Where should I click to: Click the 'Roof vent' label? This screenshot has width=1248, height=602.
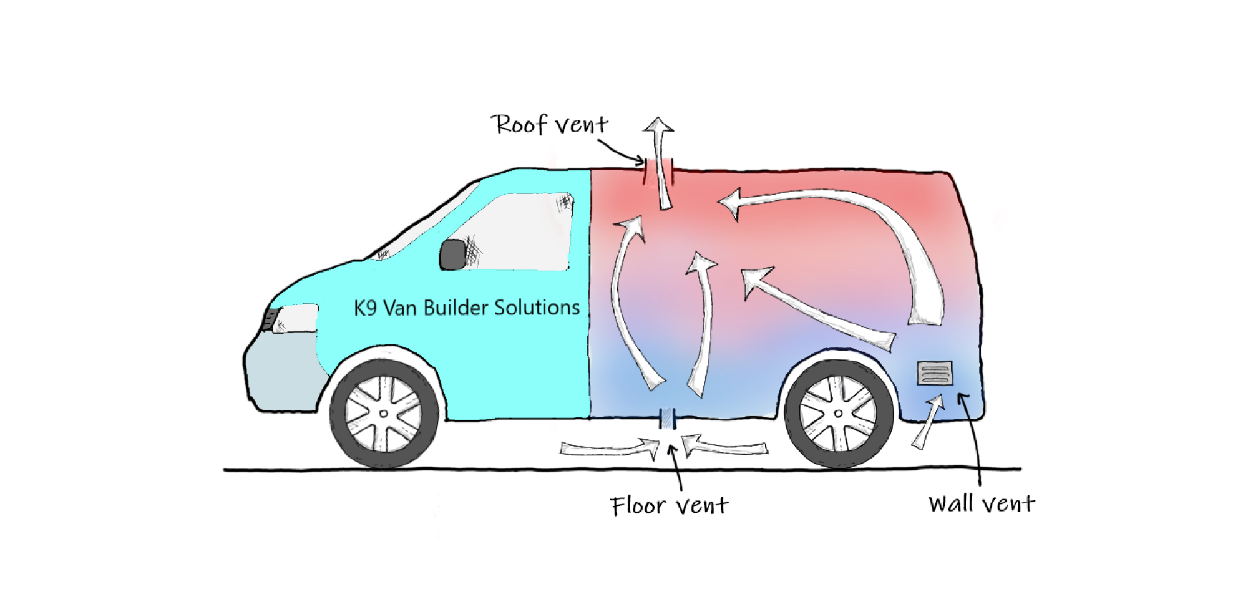pos(549,124)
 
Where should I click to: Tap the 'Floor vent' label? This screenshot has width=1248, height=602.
pos(669,505)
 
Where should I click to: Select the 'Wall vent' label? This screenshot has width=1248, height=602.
pos(982,503)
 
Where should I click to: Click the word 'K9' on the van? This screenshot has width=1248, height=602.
pos(365,308)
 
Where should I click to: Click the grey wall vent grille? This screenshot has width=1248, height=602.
pos(935,373)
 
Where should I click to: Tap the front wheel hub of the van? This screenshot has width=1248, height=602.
pos(384,414)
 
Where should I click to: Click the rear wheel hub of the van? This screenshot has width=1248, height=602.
pos(838,414)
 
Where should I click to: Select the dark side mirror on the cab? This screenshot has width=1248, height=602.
pos(453,255)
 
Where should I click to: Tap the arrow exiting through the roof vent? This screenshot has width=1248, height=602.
pos(661,162)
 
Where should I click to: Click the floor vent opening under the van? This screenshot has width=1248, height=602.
pos(668,419)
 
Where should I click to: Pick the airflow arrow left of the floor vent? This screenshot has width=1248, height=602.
pos(610,448)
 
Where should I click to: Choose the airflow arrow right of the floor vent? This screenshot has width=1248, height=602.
pos(724,446)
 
